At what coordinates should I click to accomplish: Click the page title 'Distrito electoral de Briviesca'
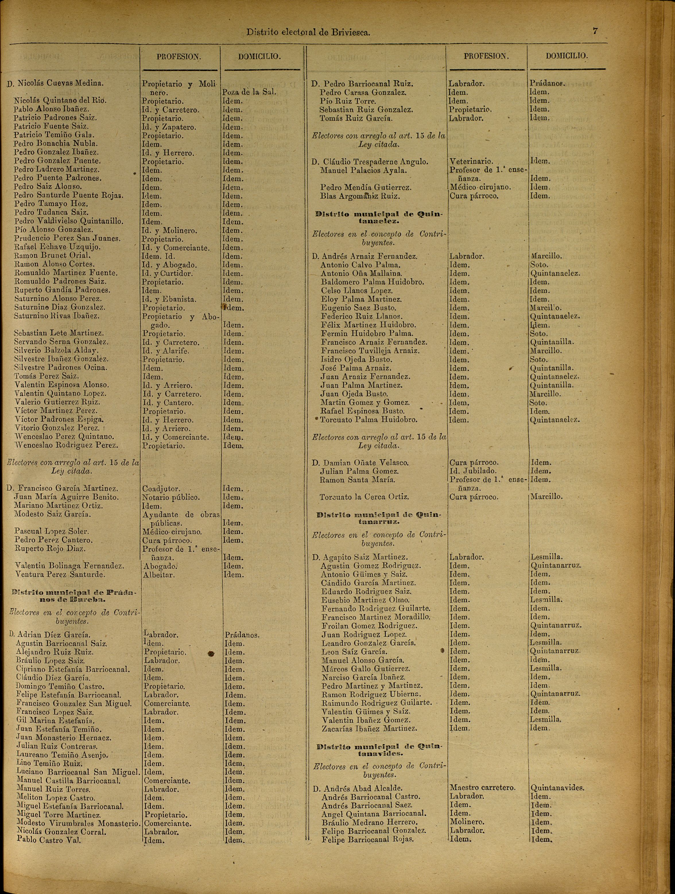pos(308,32)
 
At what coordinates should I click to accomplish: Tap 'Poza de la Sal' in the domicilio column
pos(249,92)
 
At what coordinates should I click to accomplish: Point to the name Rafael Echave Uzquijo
pos(57,247)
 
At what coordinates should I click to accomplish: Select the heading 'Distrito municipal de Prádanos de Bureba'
pos(74,596)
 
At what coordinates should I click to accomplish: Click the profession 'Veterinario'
pos(471,162)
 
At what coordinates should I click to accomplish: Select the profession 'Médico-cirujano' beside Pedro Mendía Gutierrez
pos(480,188)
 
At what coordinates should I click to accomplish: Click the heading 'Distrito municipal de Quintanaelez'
pos(379,217)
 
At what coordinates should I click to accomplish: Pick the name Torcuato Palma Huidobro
pos(369,420)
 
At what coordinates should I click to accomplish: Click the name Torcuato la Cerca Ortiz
pos(364,497)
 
